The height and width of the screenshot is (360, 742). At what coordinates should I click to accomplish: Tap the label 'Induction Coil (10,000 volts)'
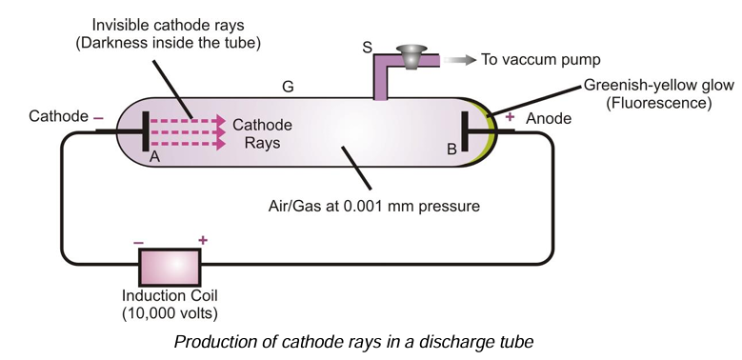[x=170, y=304]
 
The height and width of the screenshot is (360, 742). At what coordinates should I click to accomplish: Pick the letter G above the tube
[x=287, y=87]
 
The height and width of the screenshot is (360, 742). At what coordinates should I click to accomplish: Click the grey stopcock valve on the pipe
[x=411, y=54]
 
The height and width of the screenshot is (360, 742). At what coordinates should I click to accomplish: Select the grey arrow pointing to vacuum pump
[x=457, y=59]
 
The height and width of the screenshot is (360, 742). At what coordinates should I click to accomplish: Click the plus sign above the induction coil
[x=202, y=240]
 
